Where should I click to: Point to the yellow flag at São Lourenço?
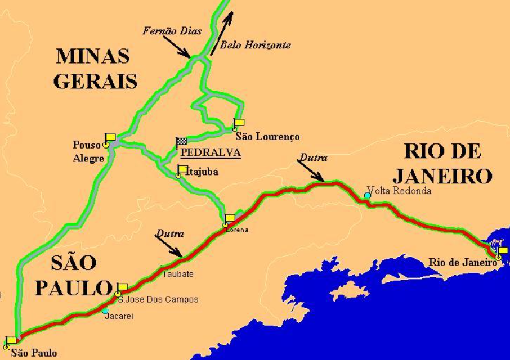point(239,123)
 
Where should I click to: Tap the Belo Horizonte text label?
point(255,45)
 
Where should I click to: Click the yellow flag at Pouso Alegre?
point(110,137)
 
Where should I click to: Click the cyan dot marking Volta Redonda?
point(368,195)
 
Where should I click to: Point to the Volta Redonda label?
point(399,191)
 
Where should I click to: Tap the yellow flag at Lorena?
point(230,218)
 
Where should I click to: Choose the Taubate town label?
point(178,274)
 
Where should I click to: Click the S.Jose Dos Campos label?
point(161,299)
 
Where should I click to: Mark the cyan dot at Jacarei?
point(105,310)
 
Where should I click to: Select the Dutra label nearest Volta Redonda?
point(312,158)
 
